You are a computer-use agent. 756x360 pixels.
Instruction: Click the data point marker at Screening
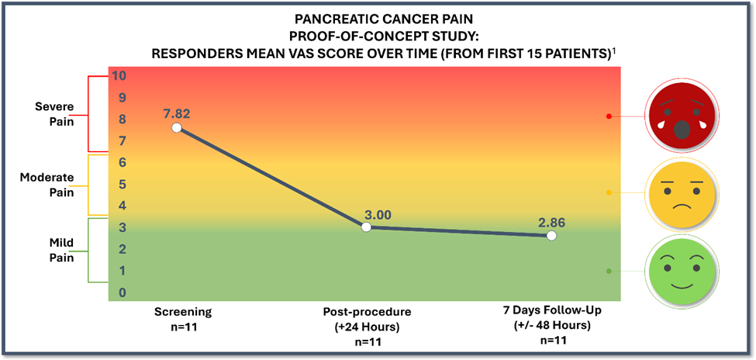(177, 127)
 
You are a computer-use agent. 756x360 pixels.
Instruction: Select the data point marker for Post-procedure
(367, 227)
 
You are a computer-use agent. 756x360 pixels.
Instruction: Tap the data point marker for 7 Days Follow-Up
(551, 236)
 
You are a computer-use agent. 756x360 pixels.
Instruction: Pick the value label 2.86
(552, 223)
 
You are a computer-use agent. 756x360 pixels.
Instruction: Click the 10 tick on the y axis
(119, 76)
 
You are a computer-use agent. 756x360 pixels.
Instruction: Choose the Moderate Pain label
(47, 185)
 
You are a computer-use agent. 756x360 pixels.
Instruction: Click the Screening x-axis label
(182, 312)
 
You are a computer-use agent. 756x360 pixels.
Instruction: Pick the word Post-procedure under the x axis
(367, 312)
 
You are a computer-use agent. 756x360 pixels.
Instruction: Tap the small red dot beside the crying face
(609, 116)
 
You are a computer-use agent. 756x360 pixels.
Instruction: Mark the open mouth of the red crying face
(681, 130)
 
